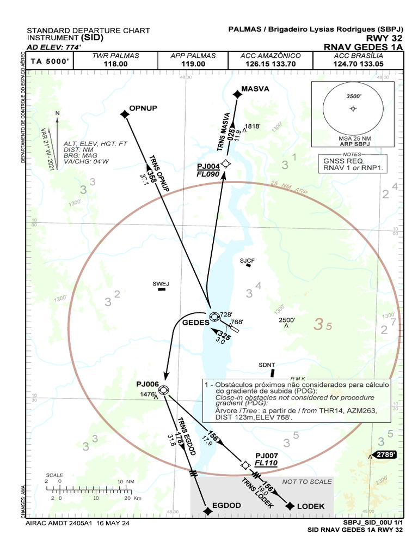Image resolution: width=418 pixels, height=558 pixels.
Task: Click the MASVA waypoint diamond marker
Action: point(237,94)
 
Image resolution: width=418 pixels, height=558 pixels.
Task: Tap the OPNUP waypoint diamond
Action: point(125,113)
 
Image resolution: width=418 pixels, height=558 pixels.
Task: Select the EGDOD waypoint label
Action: point(226,506)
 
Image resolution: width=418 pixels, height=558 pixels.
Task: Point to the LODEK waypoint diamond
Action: point(290,506)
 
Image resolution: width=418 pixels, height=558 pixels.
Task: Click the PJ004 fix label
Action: point(208,166)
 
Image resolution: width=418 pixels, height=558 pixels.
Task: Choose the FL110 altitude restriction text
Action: point(266,463)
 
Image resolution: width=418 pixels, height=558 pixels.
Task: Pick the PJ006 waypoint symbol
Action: point(163,390)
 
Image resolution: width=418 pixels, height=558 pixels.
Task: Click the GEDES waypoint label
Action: point(195,322)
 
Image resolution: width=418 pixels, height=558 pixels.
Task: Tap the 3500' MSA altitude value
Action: point(354,96)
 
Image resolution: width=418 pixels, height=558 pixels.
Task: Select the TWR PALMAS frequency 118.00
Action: point(115,64)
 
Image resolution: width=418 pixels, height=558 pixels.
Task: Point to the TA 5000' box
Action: point(49,61)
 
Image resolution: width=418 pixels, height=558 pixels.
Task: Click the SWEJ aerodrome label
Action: point(161,283)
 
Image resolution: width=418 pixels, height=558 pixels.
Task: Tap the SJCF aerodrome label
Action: point(247,260)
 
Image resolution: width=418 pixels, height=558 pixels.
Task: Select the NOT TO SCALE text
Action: point(306,482)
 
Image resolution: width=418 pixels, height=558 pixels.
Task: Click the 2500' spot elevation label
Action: point(287,320)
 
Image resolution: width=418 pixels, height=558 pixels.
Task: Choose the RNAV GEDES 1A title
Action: point(362,47)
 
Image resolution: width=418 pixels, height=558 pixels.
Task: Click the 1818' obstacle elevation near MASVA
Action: point(253,126)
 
